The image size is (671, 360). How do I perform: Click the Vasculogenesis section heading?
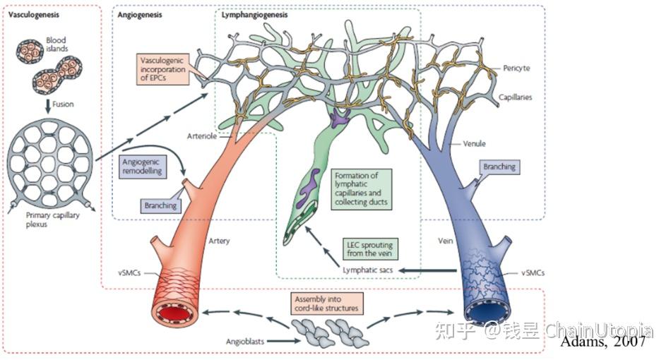[34, 15]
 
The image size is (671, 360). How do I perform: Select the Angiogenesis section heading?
[140, 15]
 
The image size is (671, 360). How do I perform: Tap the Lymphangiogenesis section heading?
[254, 15]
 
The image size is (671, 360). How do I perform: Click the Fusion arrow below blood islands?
[48, 106]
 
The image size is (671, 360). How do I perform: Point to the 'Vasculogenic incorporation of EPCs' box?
[162, 69]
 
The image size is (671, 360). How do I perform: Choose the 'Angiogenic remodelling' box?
[142, 167]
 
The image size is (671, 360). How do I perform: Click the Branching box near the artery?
[160, 205]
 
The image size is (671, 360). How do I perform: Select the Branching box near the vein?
[499, 167]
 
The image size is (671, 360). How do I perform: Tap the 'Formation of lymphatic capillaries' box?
[361, 189]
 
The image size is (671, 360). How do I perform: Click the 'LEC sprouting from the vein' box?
[369, 249]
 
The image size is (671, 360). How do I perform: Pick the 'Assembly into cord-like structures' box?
[326, 304]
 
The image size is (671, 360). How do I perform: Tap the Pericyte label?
[516, 68]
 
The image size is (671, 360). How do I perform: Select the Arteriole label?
[201, 136]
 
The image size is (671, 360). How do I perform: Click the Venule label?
[474, 144]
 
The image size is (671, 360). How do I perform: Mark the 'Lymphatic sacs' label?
[367, 270]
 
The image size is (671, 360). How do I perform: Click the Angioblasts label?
[245, 341]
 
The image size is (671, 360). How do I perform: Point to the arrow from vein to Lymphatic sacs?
[427, 270]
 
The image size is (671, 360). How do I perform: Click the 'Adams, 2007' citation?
[602, 341]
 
